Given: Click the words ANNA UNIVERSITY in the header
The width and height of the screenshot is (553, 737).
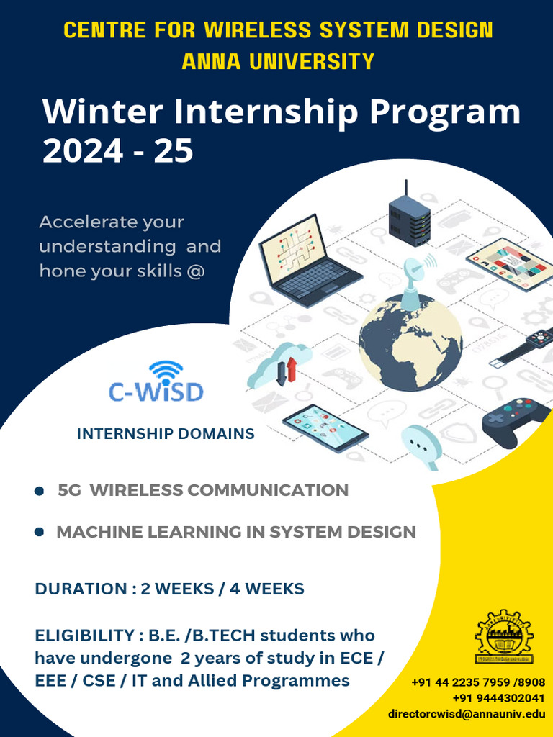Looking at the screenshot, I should pyautogui.click(x=278, y=61).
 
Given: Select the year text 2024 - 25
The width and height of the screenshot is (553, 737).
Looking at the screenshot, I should pyautogui.click(x=117, y=151).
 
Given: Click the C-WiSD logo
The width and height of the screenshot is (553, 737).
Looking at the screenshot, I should pyautogui.click(x=156, y=381).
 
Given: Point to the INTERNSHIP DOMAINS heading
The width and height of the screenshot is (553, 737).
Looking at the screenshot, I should pyautogui.click(x=166, y=434).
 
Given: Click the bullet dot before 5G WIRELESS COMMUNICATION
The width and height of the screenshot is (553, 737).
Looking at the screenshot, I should pyautogui.click(x=40, y=491).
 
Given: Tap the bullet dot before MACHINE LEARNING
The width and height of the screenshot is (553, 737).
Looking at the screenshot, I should pyautogui.click(x=40, y=533).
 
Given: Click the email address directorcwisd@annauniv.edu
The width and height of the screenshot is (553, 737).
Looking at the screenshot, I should pyautogui.click(x=466, y=714).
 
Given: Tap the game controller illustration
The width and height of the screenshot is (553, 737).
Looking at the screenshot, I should pyautogui.click(x=517, y=420).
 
